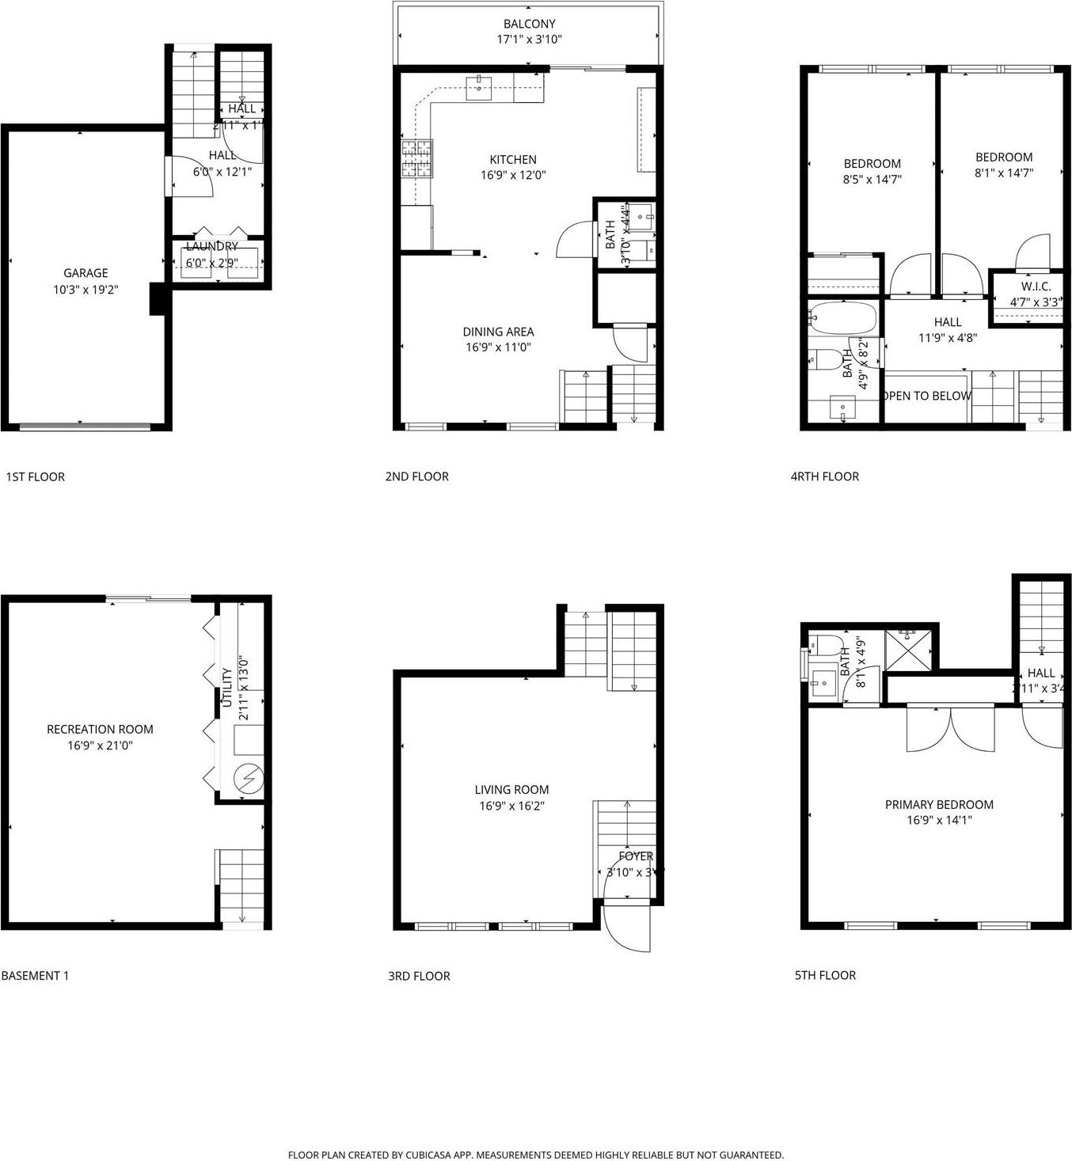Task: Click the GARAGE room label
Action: pyautogui.click(x=86, y=273)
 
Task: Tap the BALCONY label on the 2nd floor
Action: pyautogui.click(x=529, y=24)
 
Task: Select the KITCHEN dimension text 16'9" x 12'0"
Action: pyautogui.click(x=513, y=175)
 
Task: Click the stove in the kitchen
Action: pyautogui.click(x=417, y=157)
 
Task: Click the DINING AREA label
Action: pyautogui.click(x=498, y=332)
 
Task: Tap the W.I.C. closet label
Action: pyautogui.click(x=1036, y=286)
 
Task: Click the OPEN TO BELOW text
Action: pyautogui.click(x=926, y=396)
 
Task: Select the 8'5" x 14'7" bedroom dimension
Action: pyautogui.click(x=872, y=179)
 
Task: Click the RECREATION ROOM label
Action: pyautogui.click(x=100, y=729)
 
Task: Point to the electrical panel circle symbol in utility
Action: pyautogui.click(x=249, y=779)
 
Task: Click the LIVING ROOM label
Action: pyautogui.click(x=511, y=789)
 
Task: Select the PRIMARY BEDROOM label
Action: pyautogui.click(x=939, y=804)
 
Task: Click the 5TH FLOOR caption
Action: pyautogui.click(x=825, y=975)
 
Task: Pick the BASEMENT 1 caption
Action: pyautogui.click(x=35, y=976)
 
